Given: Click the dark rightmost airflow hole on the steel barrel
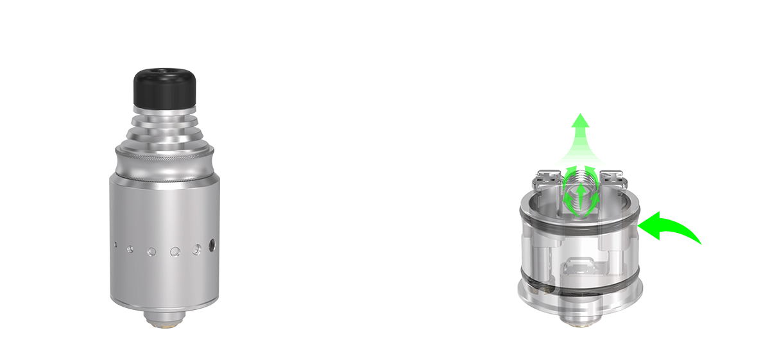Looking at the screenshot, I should click(212, 244).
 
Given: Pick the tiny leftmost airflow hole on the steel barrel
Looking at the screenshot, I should click(115, 244).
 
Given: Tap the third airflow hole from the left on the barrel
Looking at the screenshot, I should click(151, 252).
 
